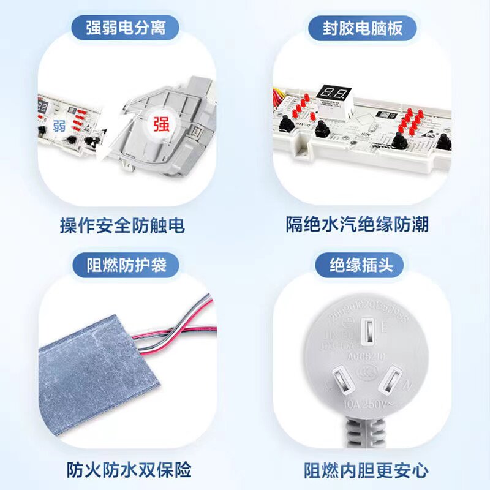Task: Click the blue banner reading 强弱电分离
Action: tap(125, 28)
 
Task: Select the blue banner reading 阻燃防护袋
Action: tap(125, 266)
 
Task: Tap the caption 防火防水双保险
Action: tap(129, 470)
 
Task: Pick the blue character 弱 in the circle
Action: tap(59, 127)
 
